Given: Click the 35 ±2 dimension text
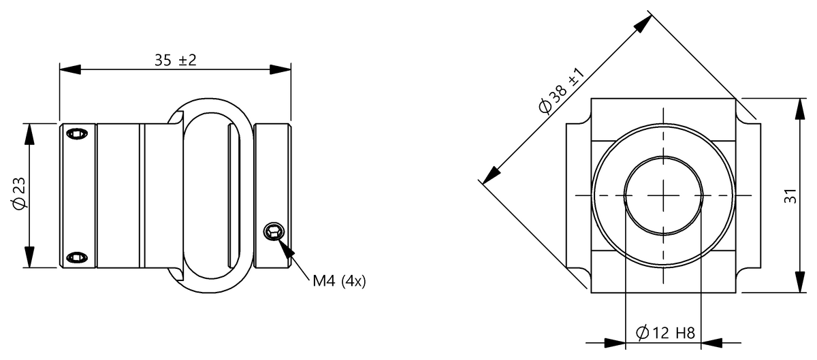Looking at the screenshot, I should pos(175,60).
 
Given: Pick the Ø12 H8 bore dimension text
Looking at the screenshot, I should pos(664,333).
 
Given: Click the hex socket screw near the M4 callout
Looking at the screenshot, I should pos(273,232).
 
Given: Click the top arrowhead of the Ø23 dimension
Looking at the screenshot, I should pos(29,133).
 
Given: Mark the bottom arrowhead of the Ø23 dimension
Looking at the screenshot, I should pos(29,258).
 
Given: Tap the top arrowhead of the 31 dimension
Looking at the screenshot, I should pos(797,109).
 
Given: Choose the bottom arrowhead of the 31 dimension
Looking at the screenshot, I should pos(797,283).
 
